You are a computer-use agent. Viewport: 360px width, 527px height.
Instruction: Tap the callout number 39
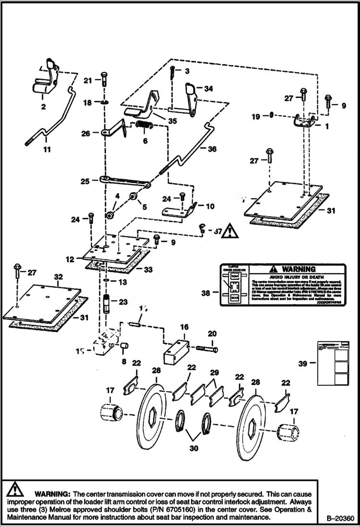(x=303, y=364)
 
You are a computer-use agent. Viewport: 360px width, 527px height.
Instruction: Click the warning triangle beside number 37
(x=230, y=231)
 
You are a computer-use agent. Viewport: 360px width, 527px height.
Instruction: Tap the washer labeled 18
(x=104, y=103)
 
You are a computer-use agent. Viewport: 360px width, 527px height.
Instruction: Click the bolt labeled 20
(x=206, y=349)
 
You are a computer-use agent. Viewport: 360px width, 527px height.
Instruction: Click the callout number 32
(x=59, y=277)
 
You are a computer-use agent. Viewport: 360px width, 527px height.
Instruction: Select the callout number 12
(x=70, y=259)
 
